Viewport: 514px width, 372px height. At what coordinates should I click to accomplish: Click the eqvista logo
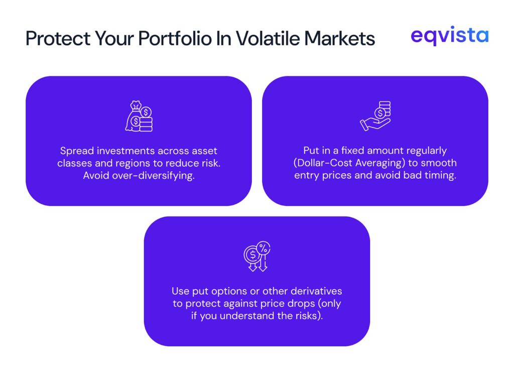tap(449, 36)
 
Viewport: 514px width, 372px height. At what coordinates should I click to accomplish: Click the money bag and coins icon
tap(139, 116)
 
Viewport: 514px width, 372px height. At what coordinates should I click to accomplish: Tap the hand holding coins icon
tap(375, 116)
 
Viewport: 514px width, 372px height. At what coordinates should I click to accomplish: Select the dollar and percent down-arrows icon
tap(257, 257)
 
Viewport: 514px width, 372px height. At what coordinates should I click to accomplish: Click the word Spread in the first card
tap(75, 151)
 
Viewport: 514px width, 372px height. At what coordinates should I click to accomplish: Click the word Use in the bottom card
tap(180, 291)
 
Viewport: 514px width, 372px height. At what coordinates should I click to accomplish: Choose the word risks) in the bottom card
tap(307, 316)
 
